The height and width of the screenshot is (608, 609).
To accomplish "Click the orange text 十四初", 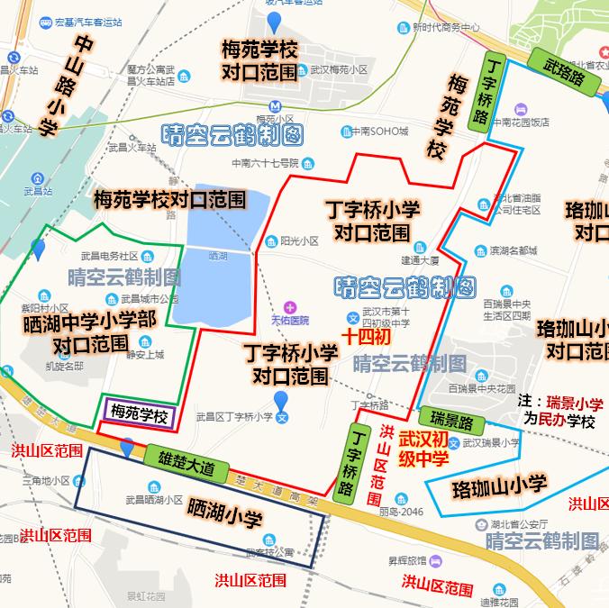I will (x=366, y=337).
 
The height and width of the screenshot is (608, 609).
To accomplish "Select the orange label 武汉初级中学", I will (x=423, y=449).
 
